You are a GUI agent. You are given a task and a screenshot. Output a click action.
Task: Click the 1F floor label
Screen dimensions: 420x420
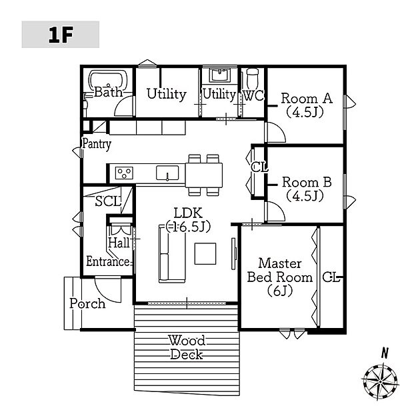pos(61,35)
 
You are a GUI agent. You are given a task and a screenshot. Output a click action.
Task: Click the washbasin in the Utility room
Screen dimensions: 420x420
pos(220,75)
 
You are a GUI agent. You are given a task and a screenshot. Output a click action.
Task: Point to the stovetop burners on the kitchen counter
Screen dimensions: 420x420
pos(124,173)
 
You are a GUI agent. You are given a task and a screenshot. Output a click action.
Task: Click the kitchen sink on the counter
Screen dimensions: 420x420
pos(167,173)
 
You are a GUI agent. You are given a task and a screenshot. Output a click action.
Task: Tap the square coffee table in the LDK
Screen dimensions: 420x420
pos(205,253)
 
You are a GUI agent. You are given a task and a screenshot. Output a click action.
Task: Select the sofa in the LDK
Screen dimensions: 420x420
pos(172,253)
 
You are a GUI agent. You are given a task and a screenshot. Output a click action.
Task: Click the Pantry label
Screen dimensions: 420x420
pos(97,144)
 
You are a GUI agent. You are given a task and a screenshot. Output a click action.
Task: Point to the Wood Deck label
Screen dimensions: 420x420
pos(187,348)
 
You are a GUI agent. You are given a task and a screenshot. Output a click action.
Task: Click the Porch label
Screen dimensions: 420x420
pos(87,304)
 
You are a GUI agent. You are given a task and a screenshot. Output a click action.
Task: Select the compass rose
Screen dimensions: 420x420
pos(381,381)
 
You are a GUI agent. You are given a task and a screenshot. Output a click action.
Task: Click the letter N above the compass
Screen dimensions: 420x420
pos(385,353)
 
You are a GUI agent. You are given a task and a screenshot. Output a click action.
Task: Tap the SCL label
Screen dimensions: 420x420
pos(108,201)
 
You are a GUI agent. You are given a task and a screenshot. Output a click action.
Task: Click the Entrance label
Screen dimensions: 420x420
pos(109,261)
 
